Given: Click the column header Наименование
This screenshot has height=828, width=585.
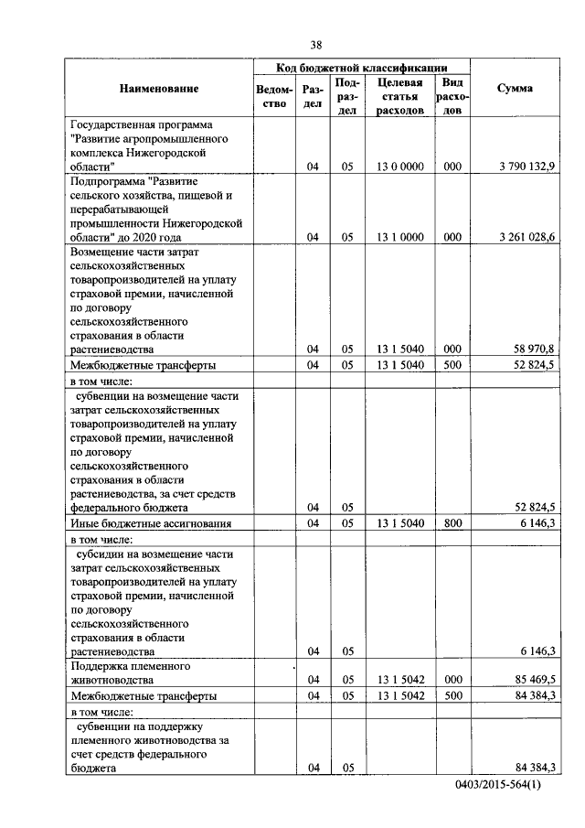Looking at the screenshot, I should click(x=158, y=89).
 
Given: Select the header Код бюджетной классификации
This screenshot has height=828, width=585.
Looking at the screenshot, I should click(x=362, y=68).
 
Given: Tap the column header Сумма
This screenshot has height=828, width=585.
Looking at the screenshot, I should click(x=515, y=89).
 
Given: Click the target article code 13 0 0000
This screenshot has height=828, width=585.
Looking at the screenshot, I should click(x=399, y=167).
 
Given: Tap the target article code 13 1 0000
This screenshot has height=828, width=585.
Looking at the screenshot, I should click(x=399, y=237).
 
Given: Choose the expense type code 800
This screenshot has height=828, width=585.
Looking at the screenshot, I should click(x=452, y=523).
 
